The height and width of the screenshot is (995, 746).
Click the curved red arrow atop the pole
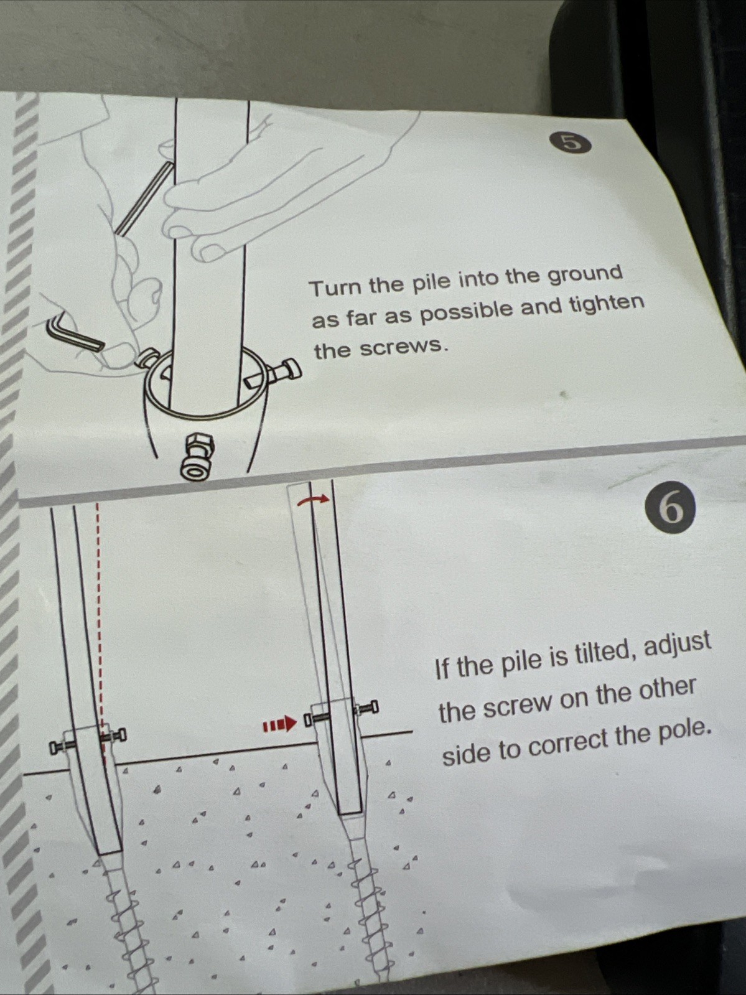pos(313,499)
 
